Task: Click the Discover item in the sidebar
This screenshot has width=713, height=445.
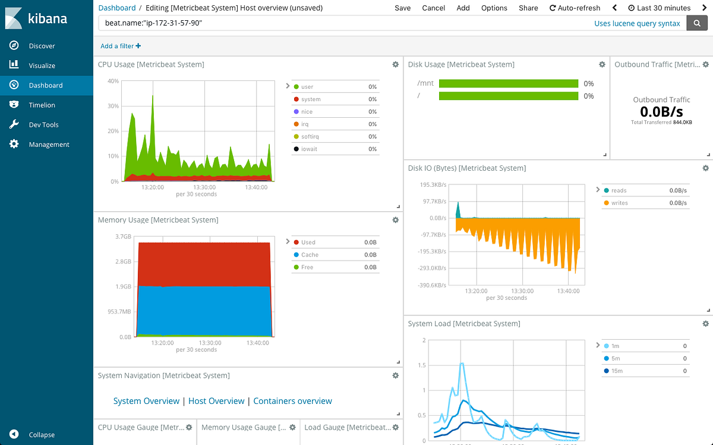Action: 42,46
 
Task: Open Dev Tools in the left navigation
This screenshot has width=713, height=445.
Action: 43,125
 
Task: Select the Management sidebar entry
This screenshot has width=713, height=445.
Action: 49,145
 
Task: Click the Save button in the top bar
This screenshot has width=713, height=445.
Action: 402,8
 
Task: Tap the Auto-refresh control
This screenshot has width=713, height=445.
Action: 575,8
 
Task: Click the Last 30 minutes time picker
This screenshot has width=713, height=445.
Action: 659,8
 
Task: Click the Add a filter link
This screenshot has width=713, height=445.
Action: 121,46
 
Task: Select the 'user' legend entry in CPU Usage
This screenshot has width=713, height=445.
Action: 307,87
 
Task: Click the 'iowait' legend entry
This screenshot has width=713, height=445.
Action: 309,149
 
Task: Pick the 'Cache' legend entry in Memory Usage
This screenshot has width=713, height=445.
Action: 310,255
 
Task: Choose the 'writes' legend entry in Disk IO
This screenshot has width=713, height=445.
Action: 619,203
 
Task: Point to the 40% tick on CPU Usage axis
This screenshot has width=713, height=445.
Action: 113,81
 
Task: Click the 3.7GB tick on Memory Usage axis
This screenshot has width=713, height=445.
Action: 123,237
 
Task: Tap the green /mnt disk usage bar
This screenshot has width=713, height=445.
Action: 508,84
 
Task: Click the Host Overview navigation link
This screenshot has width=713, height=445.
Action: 216,401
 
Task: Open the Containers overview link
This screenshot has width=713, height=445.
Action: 292,401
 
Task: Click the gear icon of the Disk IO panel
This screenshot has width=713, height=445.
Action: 705,168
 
